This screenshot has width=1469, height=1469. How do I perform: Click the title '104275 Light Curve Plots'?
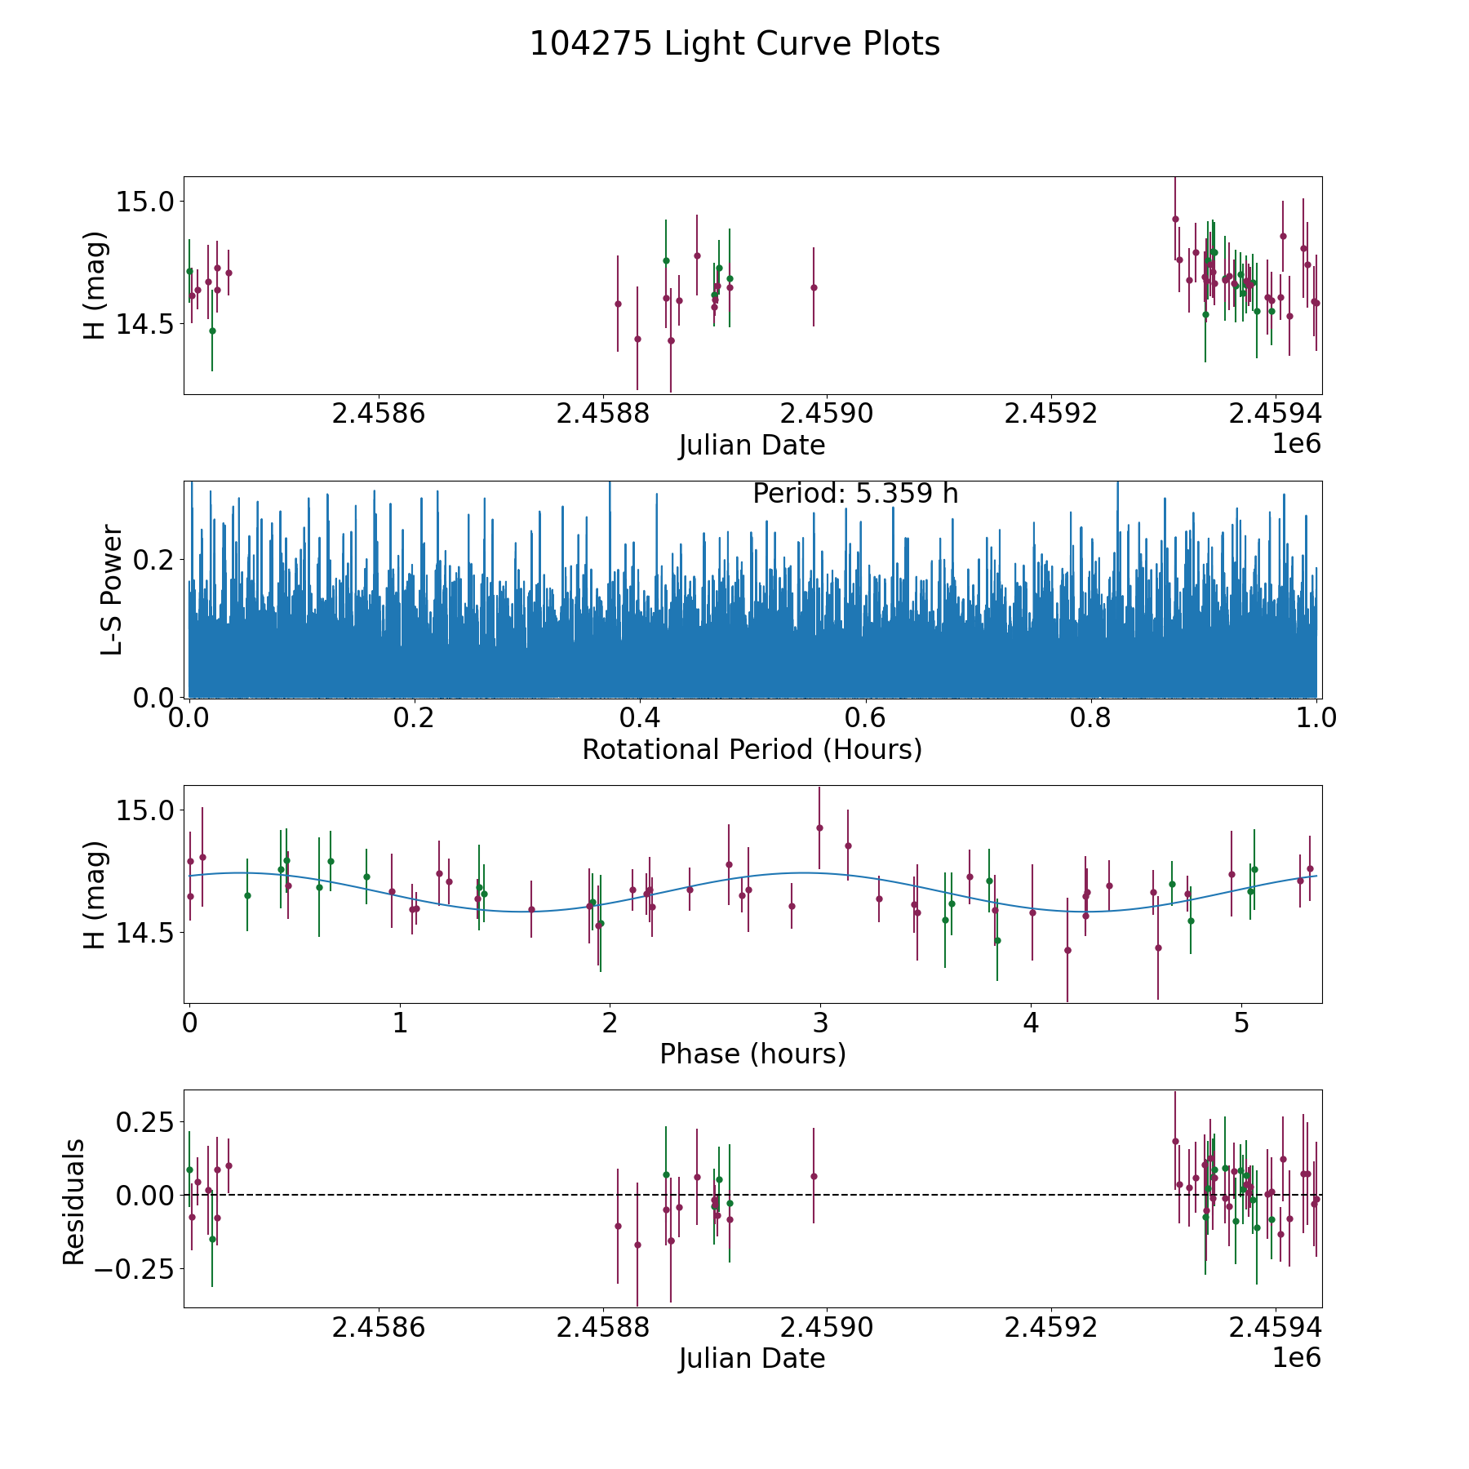[x=734, y=44]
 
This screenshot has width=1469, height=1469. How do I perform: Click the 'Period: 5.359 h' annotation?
[x=855, y=494]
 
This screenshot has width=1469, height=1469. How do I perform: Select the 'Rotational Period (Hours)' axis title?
[x=752, y=749]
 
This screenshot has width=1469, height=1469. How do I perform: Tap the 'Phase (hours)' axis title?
[x=752, y=1054]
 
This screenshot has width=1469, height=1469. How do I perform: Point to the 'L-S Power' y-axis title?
[x=112, y=589]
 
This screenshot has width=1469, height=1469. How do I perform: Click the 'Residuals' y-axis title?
[x=73, y=1202]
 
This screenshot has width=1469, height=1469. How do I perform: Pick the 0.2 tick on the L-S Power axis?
[x=151, y=560]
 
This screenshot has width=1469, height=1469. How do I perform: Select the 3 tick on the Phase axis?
[x=820, y=1023]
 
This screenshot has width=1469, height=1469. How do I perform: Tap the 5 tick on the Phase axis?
[x=1241, y=1023]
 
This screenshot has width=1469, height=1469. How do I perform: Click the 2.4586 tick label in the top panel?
[x=379, y=413]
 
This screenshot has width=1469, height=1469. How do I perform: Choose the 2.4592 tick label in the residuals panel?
[x=1051, y=1327]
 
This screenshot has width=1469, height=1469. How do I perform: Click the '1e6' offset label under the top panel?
[x=1297, y=444]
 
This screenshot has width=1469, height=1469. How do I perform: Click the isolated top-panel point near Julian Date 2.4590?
[x=814, y=287]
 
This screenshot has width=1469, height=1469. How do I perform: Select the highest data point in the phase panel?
[x=819, y=828]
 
